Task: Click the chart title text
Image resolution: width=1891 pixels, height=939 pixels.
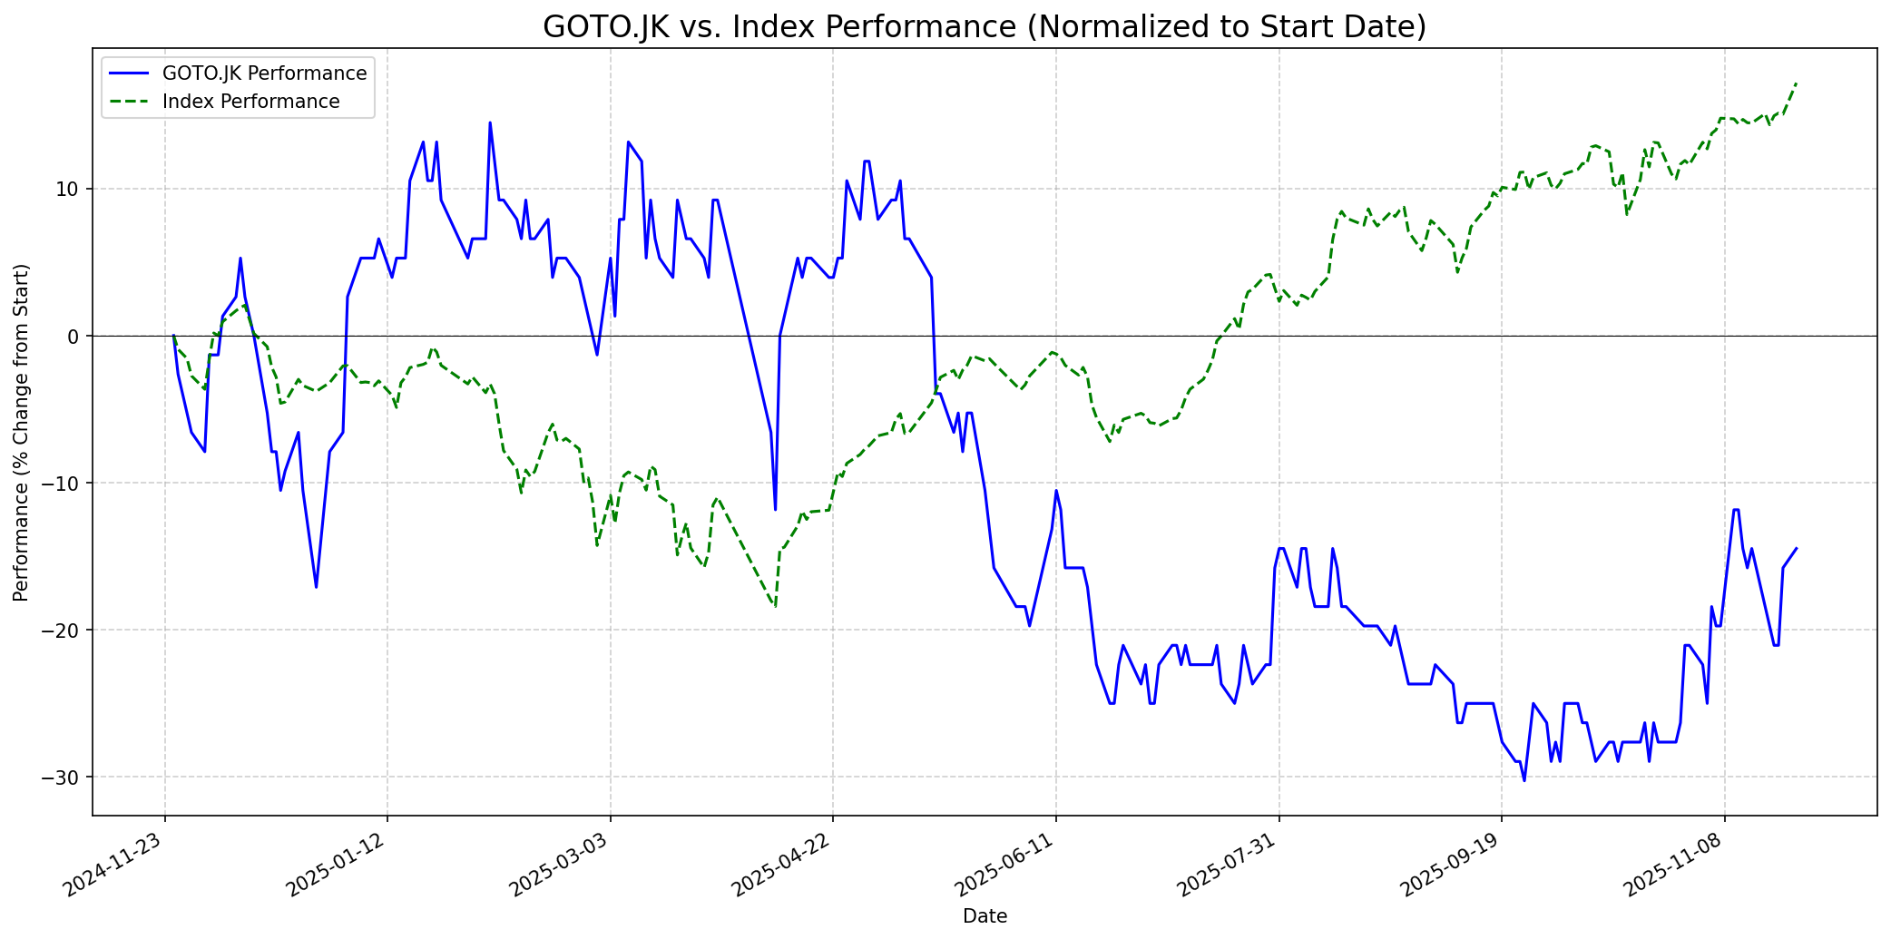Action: pyautogui.click(x=985, y=26)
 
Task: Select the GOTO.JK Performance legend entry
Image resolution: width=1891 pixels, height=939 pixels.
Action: pyautogui.click(x=264, y=73)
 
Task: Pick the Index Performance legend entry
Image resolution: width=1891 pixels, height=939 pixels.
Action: pyautogui.click(x=250, y=102)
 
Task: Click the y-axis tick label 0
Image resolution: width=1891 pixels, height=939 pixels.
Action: pyautogui.click(x=74, y=336)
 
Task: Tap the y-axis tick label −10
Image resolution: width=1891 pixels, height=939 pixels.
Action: pyautogui.click(x=63, y=483)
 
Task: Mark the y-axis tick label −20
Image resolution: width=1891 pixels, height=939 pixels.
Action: pyautogui.click(x=63, y=630)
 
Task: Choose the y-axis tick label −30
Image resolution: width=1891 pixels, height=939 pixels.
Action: pyautogui.click(x=63, y=777)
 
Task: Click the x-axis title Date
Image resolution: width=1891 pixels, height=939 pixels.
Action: pyautogui.click(x=985, y=916)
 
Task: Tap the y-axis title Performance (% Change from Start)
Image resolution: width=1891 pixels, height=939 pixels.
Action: pyautogui.click(x=22, y=432)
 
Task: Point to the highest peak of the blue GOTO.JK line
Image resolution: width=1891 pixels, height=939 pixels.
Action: pyautogui.click(x=490, y=122)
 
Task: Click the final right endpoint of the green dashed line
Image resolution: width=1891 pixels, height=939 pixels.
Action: pyautogui.click(x=1797, y=83)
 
